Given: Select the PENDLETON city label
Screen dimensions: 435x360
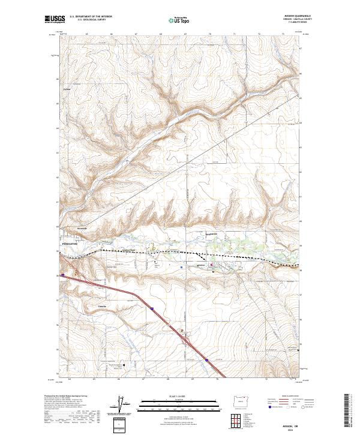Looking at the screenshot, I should pos(70,245).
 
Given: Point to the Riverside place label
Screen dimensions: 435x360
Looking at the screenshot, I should pos(82,228).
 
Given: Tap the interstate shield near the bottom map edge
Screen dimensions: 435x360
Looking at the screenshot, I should pos(206,360).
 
